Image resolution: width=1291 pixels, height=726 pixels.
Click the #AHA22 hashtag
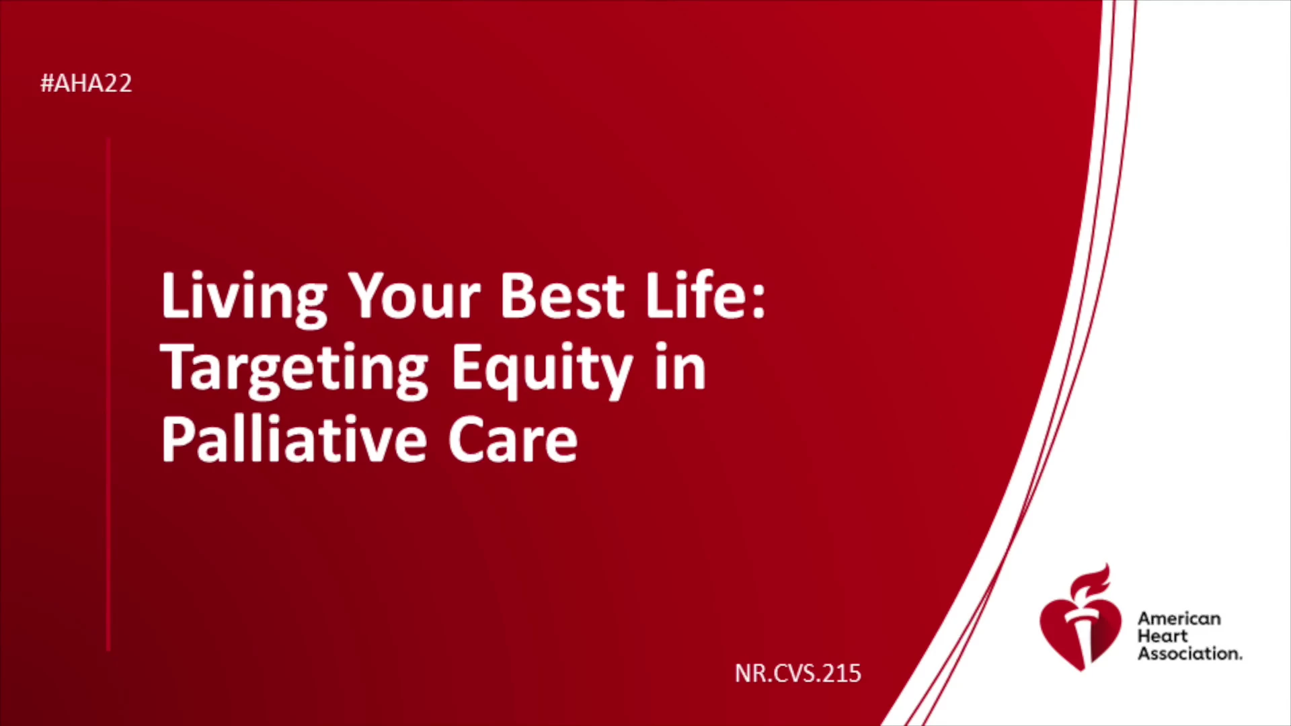86,83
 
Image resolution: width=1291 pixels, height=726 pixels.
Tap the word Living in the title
244,298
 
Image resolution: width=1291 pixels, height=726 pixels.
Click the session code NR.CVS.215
798,674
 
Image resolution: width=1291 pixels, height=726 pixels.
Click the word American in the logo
1179,618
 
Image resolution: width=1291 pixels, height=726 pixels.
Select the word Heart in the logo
1163,636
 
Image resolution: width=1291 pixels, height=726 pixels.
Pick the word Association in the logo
1189,653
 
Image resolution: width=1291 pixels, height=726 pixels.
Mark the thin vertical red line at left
108,395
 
